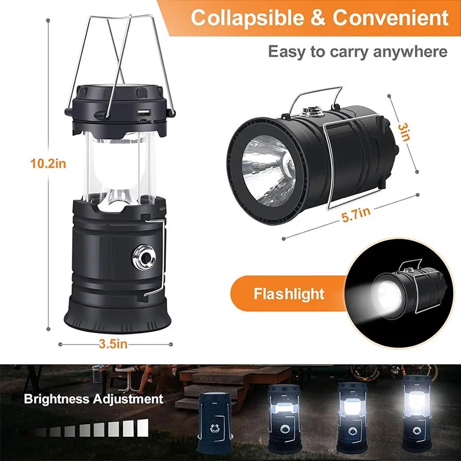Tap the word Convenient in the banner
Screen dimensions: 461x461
(x=390, y=18)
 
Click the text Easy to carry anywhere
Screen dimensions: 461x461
(x=357, y=52)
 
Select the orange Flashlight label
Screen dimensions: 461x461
(x=289, y=294)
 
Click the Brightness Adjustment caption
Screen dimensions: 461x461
(x=93, y=399)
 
